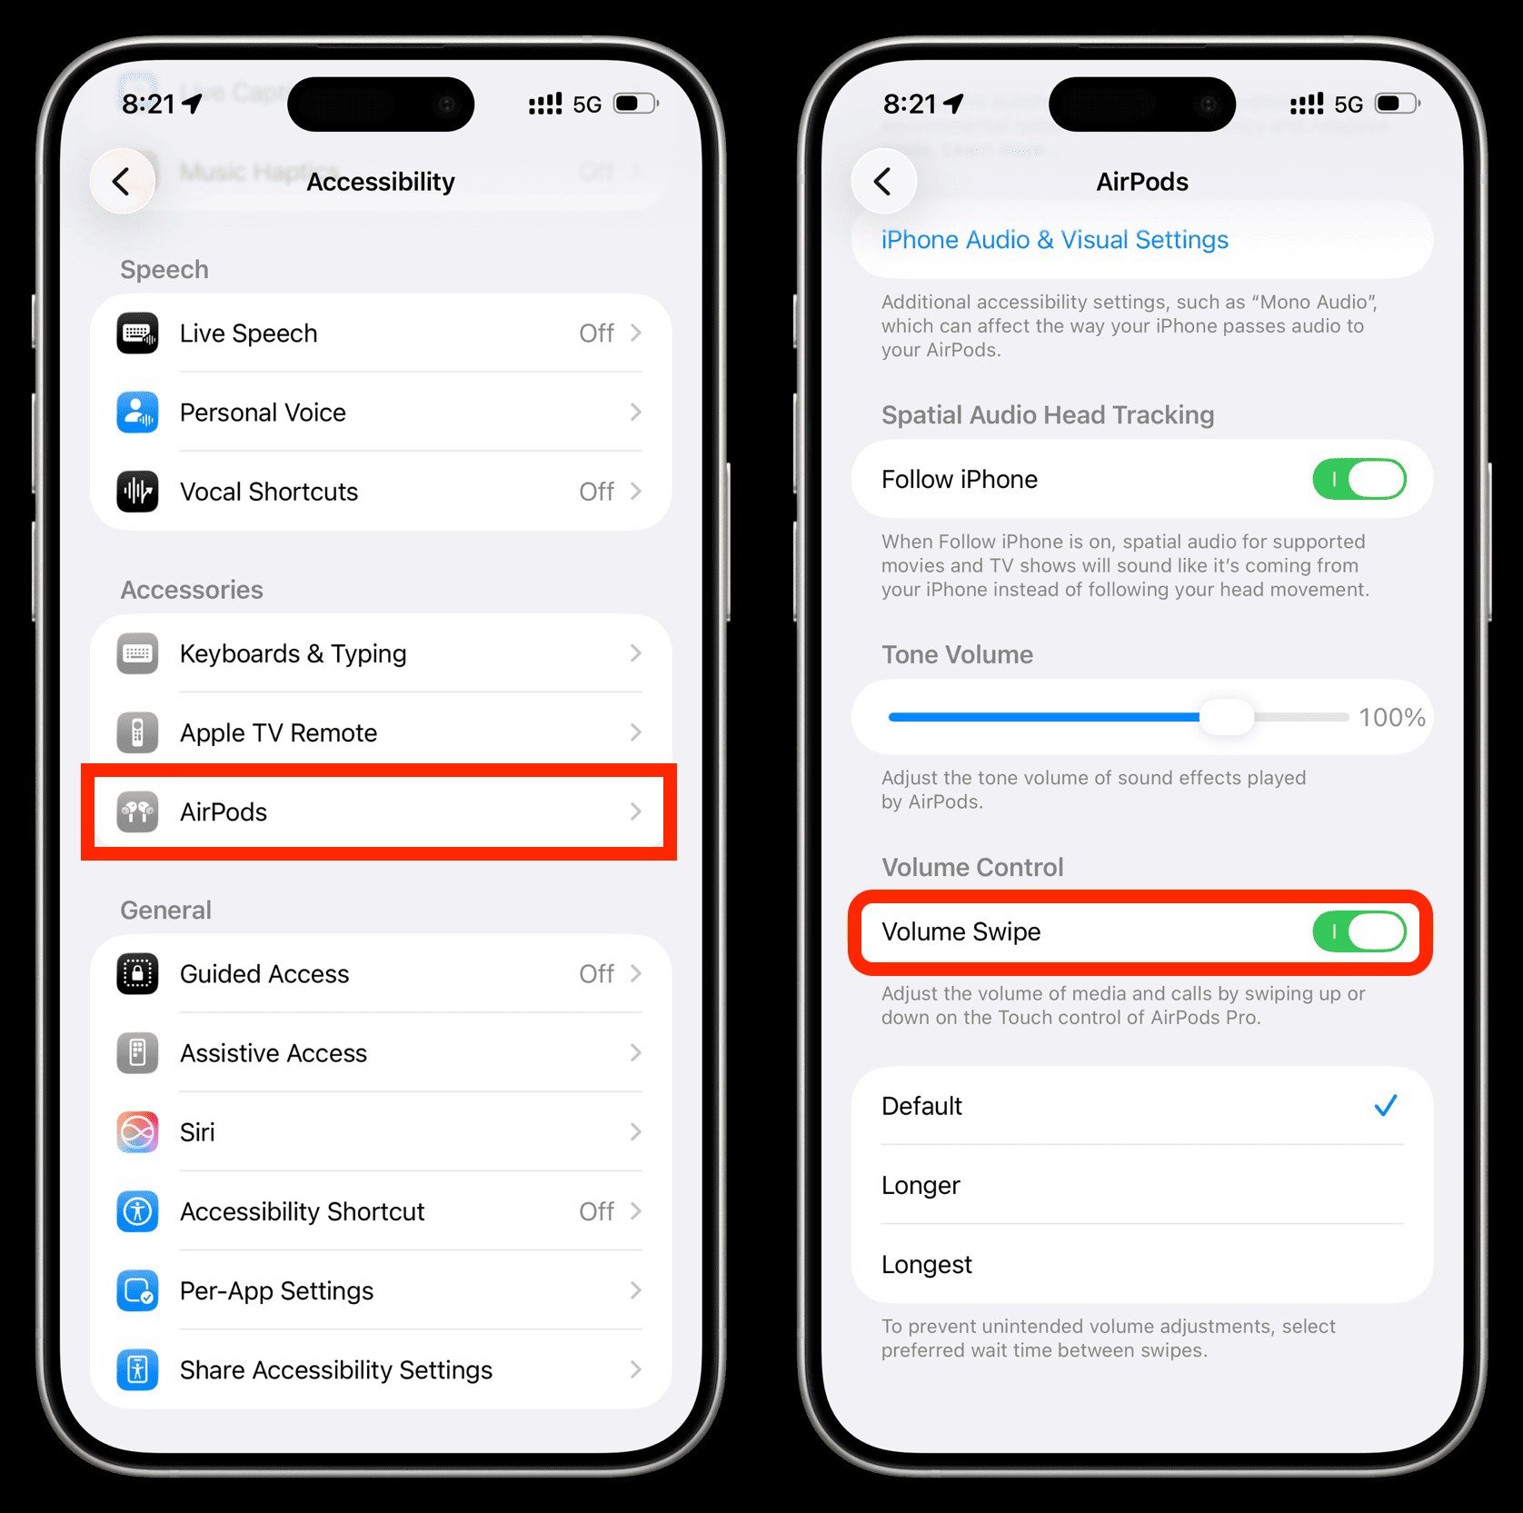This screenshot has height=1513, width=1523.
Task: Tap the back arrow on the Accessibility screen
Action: (x=122, y=182)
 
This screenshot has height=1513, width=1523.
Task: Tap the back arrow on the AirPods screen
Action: (x=882, y=182)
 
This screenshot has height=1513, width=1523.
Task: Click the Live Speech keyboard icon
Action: (x=137, y=333)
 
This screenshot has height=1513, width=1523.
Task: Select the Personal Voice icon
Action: (x=137, y=413)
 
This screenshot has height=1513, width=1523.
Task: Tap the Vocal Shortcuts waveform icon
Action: (x=137, y=492)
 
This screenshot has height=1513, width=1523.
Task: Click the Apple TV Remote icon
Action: (x=137, y=732)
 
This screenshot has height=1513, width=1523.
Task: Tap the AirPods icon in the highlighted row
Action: (x=137, y=811)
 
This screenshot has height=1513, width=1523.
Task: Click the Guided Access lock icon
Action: (x=137, y=974)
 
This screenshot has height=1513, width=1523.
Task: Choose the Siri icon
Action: (x=137, y=1132)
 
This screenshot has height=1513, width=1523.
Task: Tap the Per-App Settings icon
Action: (x=137, y=1290)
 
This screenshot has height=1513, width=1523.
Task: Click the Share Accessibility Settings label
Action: (x=335, y=1369)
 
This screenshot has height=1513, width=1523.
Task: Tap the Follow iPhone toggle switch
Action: (x=1359, y=479)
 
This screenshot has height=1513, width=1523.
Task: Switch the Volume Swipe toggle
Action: (x=1359, y=931)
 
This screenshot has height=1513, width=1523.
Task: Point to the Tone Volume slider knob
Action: (x=1227, y=717)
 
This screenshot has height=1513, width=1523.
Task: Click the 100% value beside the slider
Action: (x=1391, y=718)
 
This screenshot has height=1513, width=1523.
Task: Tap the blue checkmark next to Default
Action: (x=1385, y=1106)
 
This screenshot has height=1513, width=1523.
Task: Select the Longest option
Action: (x=927, y=1264)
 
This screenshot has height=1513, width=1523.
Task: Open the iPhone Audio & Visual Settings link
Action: (x=1054, y=240)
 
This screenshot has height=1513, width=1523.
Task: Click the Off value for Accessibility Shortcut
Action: (x=596, y=1211)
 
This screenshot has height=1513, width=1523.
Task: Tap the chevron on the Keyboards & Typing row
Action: (x=636, y=653)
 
